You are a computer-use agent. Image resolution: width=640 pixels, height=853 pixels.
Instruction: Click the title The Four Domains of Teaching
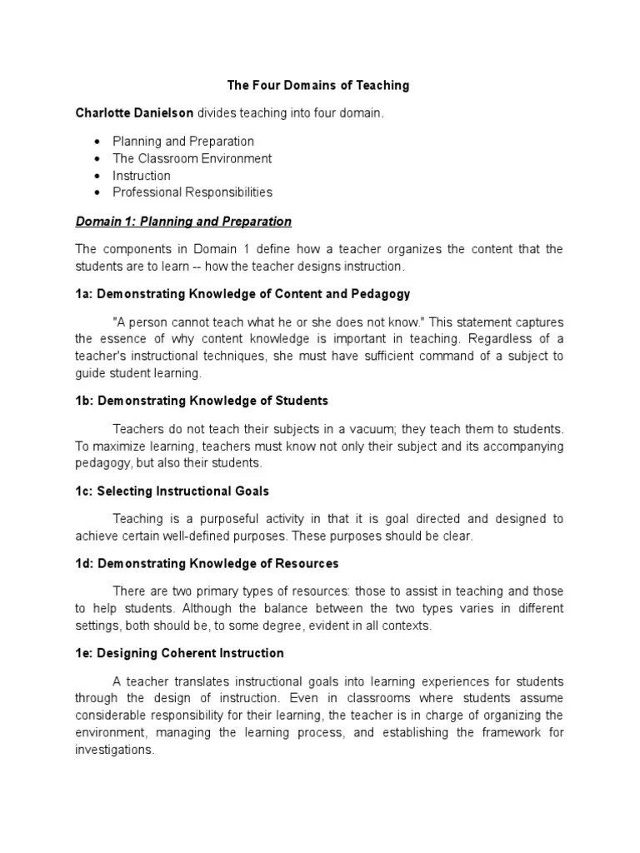pyautogui.click(x=319, y=86)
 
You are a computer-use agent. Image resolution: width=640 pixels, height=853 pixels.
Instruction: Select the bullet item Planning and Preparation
pyautogui.click(x=183, y=142)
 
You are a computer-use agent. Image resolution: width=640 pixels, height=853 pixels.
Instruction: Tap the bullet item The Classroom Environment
pyautogui.click(x=192, y=158)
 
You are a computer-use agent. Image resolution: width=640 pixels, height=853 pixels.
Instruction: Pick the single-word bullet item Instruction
pyautogui.click(x=142, y=176)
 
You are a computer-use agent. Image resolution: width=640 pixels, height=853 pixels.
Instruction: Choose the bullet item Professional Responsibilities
pyautogui.click(x=192, y=192)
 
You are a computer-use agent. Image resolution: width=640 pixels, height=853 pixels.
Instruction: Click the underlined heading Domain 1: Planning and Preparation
pyautogui.click(x=183, y=222)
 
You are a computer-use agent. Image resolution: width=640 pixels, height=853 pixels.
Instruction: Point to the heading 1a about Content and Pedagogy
pyautogui.click(x=242, y=294)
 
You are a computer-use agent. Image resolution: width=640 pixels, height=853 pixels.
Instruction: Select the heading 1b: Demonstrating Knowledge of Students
pyautogui.click(x=202, y=401)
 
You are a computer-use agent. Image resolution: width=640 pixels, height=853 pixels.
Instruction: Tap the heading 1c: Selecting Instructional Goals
pyautogui.click(x=172, y=491)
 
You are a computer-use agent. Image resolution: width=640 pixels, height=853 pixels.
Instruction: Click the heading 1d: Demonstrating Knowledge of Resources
pyautogui.click(x=207, y=564)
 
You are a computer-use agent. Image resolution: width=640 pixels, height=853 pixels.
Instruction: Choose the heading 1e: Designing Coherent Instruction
pyautogui.click(x=179, y=653)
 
